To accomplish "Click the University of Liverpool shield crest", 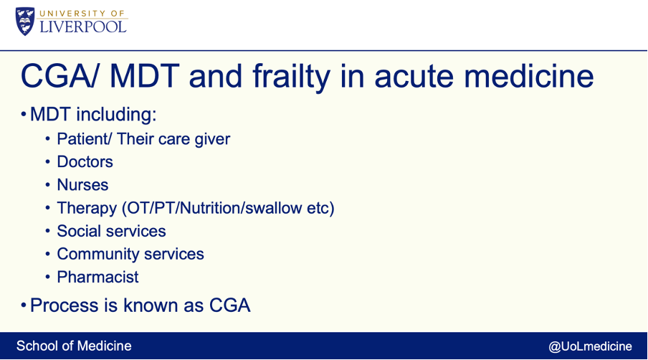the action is (x=25, y=21).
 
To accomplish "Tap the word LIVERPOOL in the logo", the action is (x=83, y=27).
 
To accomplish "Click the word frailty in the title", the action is (x=291, y=77).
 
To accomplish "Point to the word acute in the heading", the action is (x=414, y=77).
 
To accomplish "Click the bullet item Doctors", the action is (x=85, y=161).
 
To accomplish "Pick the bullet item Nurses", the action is (x=82, y=185).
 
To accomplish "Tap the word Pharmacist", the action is (x=97, y=277).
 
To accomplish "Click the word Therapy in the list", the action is (x=87, y=208).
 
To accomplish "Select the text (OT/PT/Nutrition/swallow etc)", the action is (x=228, y=208).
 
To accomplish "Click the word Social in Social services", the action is (x=77, y=231).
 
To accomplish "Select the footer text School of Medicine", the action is (x=74, y=346).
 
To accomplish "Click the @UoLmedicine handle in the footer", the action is (x=590, y=346).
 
